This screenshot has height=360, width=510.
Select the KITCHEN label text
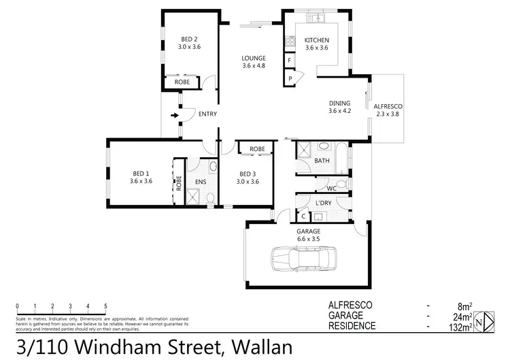point(316,39)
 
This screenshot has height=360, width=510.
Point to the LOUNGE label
point(253,59)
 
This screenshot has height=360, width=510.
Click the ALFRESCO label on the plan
point(389,107)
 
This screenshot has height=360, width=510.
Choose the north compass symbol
point(483,321)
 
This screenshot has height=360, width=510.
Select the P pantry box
point(290,79)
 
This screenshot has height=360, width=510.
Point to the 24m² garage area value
point(463,316)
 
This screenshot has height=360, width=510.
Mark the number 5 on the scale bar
point(105,306)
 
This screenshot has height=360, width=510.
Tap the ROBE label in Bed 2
point(182,82)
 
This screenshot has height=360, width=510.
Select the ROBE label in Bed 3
point(256,148)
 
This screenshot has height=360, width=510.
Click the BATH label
point(322,161)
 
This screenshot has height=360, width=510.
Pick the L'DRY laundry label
point(323,203)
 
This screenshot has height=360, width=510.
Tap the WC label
point(332,188)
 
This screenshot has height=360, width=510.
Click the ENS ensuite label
point(200,182)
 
